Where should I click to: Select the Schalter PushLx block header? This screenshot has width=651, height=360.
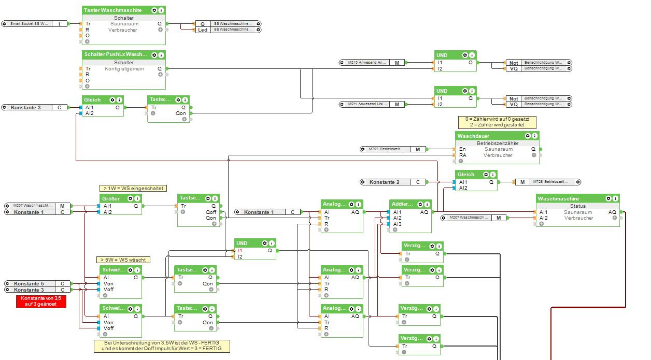coord(115,54)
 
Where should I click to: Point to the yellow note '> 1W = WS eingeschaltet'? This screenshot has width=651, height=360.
coord(133,188)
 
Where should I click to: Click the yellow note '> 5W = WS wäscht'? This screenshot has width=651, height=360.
coord(123,260)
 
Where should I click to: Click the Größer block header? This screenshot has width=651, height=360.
coord(111,198)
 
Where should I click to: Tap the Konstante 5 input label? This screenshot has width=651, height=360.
coord(29,284)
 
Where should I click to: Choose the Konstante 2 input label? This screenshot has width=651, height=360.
coord(385,182)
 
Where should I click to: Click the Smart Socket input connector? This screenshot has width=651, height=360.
coord(30,24)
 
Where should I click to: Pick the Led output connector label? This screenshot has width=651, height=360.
coord(203,30)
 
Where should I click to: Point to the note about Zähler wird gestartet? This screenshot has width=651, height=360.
coord(497,122)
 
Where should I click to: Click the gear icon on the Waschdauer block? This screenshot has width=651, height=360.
coord(528,136)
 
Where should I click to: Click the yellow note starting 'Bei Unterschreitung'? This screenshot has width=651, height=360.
coord(161,346)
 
